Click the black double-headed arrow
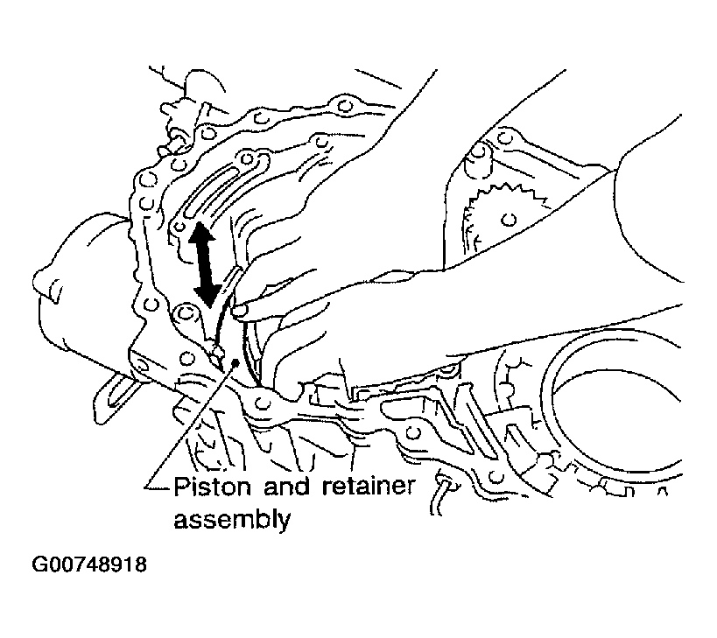(206, 264)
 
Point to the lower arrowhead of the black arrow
(208, 295)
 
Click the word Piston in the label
(212, 487)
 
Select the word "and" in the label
(286, 487)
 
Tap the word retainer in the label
(368, 487)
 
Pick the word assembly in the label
(232, 520)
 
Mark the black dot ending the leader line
(235, 363)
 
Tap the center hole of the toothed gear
(508, 220)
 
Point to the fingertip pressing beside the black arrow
(241, 311)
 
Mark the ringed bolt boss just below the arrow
(186, 313)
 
